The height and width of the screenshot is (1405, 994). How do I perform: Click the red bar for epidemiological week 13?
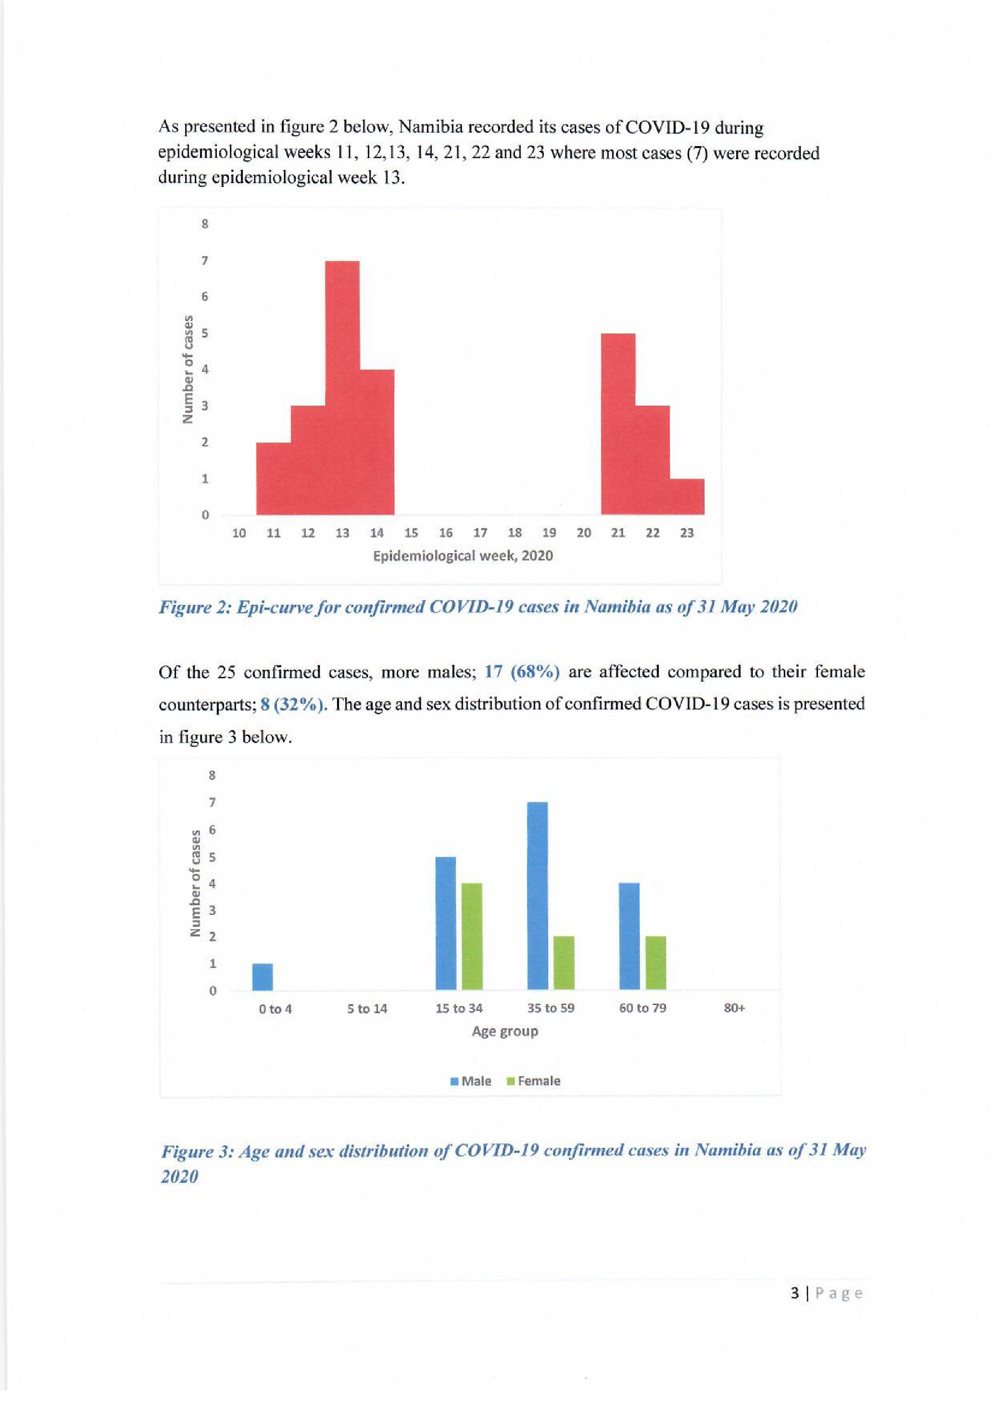341,388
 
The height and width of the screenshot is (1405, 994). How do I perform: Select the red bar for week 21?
618,424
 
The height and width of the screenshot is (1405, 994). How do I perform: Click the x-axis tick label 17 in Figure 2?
480,533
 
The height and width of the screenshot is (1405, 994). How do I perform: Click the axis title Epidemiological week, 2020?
463,556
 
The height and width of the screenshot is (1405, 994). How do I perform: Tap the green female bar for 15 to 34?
471,936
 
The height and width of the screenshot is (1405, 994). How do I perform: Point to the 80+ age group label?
734,1008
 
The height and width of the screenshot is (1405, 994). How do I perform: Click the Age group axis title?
504,1031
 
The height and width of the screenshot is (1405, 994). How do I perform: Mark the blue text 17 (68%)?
522,672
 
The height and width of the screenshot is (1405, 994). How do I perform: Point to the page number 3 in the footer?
795,1293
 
